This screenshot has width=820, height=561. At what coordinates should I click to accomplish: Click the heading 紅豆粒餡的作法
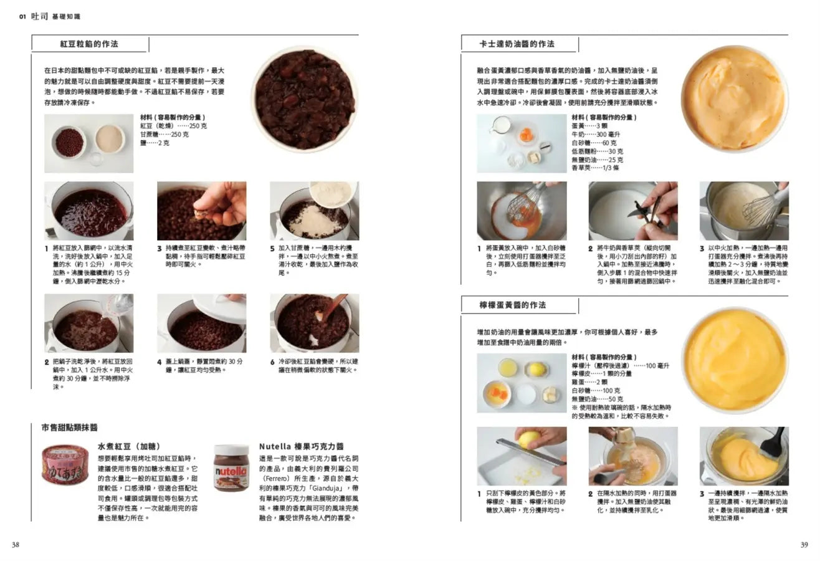[x=89, y=44]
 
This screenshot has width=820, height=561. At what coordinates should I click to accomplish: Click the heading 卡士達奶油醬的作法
[x=517, y=44]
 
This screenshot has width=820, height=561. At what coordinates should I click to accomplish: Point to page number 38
[x=16, y=545]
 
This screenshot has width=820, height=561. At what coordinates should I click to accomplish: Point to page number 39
[x=804, y=545]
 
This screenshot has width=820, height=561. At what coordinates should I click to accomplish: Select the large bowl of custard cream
[x=733, y=98]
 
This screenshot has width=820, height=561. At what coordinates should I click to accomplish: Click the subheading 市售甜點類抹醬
[x=69, y=428]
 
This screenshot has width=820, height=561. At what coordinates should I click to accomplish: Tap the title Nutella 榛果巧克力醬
[x=301, y=447]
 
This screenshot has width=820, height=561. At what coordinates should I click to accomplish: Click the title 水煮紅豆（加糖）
[x=129, y=447]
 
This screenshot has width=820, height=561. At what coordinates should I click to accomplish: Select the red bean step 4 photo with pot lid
[x=201, y=323]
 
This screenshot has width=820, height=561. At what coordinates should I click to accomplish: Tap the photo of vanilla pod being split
[x=633, y=211]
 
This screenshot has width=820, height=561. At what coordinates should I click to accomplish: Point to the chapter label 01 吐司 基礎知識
[x=50, y=16]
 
